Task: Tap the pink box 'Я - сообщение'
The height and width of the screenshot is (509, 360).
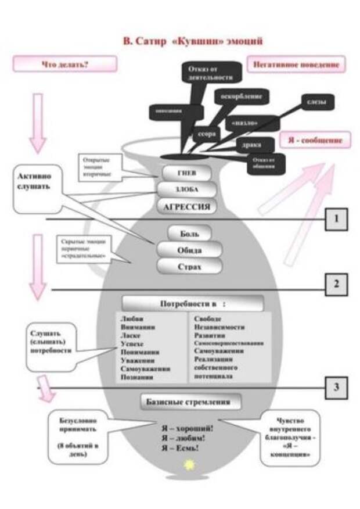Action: tap(315, 140)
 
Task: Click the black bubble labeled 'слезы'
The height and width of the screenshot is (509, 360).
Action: tap(316, 102)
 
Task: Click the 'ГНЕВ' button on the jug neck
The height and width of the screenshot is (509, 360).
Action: tap(185, 173)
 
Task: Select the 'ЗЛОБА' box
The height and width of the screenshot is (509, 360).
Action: tap(186, 190)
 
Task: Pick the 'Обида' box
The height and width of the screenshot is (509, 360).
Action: tap(189, 250)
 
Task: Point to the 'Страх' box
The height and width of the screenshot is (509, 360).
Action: tap(189, 267)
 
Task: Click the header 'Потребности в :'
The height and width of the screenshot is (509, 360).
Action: tap(192, 303)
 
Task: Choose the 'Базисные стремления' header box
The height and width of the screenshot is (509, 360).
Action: tap(191, 402)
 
